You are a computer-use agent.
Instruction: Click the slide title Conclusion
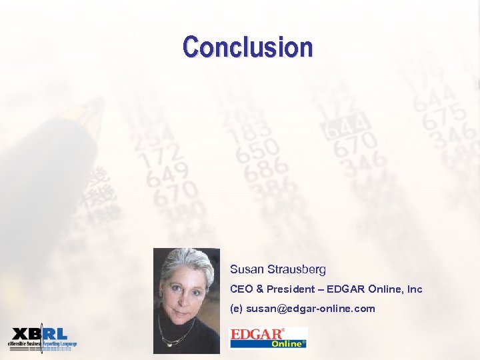click(x=247, y=47)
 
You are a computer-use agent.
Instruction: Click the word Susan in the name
click(x=246, y=269)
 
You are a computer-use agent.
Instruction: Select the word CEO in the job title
click(x=240, y=289)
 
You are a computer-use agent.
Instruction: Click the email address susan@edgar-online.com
click(x=311, y=309)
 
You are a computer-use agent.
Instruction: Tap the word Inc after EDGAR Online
click(x=415, y=289)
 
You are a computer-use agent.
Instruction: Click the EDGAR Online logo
click(x=268, y=337)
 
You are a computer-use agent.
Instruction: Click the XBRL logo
click(x=42, y=338)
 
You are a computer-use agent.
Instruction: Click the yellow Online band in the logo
click(x=287, y=344)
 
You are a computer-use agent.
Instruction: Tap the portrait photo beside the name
click(x=186, y=300)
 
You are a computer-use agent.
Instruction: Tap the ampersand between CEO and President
click(x=257, y=289)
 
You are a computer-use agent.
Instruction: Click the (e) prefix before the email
click(x=236, y=309)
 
